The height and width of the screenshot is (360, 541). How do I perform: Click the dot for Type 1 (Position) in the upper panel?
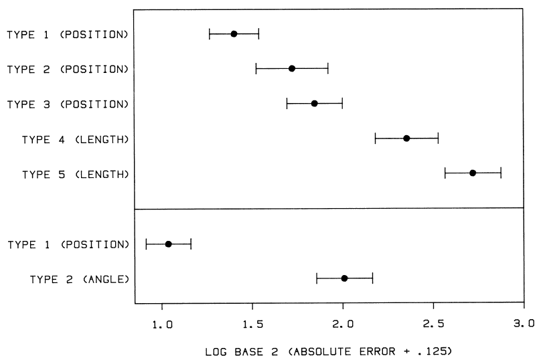coord(234,34)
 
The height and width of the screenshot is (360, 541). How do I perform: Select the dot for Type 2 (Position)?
coord(292,69)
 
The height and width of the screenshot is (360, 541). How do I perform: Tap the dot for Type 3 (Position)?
coord(314,104)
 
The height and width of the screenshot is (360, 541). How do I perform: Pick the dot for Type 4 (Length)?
coord(406,139)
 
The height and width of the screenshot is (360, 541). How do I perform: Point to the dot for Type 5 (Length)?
coord(473,173)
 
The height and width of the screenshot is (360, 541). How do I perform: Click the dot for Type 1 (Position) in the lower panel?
coord(168,244)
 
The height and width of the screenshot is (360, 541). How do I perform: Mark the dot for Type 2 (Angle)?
coord(344,278)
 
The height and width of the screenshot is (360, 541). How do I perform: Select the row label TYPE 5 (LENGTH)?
coord(76,175)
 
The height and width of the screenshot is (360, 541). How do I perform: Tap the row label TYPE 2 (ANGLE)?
coord(80,279)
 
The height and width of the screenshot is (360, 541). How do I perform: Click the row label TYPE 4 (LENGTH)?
coord(76,140)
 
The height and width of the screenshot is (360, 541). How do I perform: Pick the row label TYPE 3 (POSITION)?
coord(68,104)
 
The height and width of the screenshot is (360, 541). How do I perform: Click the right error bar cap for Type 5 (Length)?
coord(501,173)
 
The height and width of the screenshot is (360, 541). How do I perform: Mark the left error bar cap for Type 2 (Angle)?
coord(317,278)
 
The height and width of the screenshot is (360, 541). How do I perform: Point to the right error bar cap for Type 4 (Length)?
coord(438,139)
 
